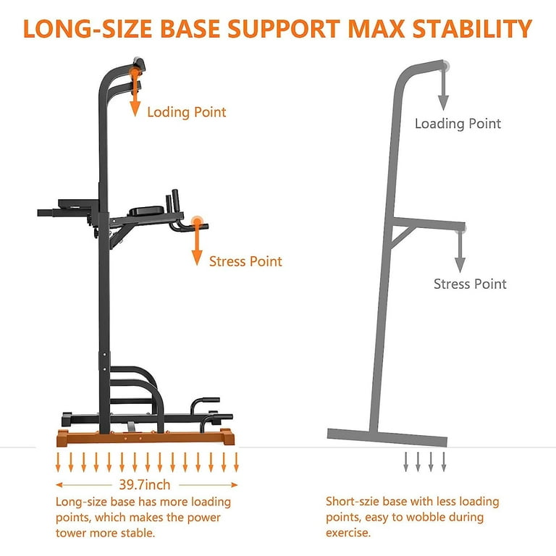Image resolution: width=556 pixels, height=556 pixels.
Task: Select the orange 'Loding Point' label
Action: tap(187, 112)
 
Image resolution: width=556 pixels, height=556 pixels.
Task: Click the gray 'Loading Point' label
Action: tap(458, 123)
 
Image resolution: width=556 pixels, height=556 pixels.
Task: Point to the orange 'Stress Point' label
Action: tap(245, 261)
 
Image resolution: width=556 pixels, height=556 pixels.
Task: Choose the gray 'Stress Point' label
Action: tap(470, 284)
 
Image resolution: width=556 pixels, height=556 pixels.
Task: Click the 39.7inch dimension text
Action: tap(145, 484)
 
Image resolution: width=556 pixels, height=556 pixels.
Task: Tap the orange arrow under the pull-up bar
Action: tap(135, 93)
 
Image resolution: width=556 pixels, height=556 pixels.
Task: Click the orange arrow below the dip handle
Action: tap(197, 243)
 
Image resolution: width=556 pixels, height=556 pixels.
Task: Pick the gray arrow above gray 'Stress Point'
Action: tap(460, 251)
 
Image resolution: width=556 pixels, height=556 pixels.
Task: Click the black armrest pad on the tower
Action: tap(146, 211)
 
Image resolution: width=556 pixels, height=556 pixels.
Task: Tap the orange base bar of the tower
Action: tap(146, 437)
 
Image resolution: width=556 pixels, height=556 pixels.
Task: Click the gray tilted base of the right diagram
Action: tap(387, 437)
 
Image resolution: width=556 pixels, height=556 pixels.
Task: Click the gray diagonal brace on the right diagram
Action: tap(403, 237)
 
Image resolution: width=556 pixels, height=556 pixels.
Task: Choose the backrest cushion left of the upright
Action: tap(79, 203)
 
